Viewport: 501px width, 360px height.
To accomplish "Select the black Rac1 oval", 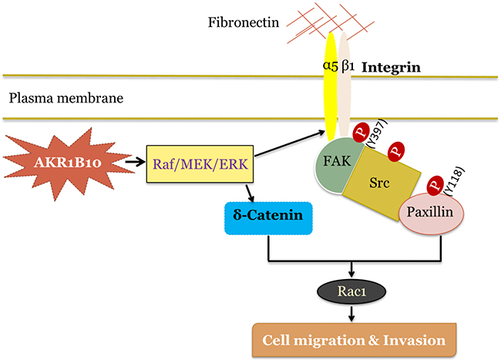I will click(351, 292).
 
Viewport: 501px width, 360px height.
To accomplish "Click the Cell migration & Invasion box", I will click(351, 338).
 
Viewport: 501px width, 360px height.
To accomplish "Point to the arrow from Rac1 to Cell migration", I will click(351, 312).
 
